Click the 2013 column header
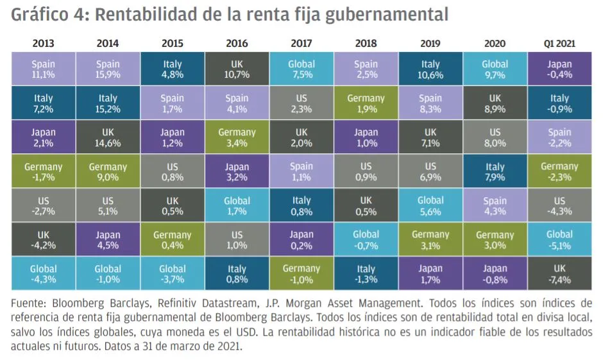(x=44, y=44)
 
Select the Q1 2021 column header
(x=559, y=44)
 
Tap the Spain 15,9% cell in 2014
(x=108, y=69)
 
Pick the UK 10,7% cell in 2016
(x=237, y=69)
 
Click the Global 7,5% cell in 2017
(x=301, y=69)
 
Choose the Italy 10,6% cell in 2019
(x=430, y=69)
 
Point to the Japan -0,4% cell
(x=559, y=69)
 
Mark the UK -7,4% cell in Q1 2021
(x=559, y=274)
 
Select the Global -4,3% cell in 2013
(x=44, y=274)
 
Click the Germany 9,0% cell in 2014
(x=108, y=172)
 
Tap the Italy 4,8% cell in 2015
(x=173, y=69)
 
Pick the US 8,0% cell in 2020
(x=495, y=138)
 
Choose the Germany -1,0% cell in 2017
(x=301, y=274)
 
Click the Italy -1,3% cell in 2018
(x=366, y=274)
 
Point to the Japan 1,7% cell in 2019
(x=430, y=274)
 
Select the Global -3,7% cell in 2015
(x=173, y=274)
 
